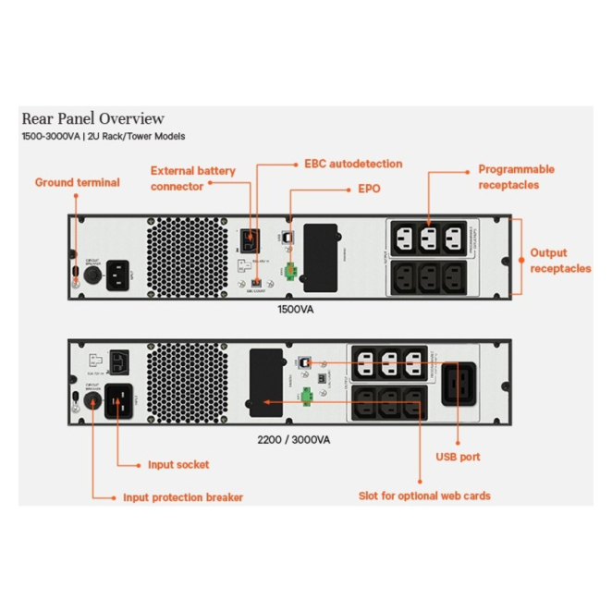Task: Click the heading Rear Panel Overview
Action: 93,118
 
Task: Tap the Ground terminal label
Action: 78,182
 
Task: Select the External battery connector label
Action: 192,178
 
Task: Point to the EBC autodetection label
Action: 353,164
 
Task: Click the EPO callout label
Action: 369,189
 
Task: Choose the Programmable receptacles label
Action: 516,177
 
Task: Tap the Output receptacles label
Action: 560,260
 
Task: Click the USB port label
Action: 458,457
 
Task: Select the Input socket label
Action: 178,465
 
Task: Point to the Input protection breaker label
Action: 183,497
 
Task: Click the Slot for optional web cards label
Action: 424,496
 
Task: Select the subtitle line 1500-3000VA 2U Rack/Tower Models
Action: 104,137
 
